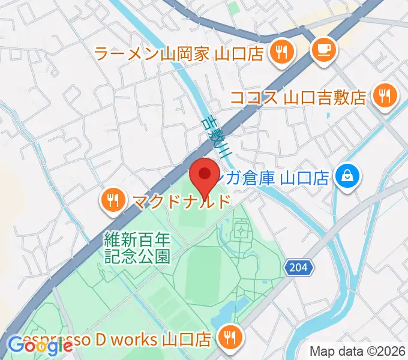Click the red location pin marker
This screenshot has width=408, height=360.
coord(204,175)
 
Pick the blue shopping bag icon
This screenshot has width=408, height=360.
coord(347,176)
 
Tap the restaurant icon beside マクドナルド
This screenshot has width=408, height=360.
coord(112,200)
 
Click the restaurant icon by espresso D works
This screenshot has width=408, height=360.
coord(229,338)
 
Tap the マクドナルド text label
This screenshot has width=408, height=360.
coord(181,200)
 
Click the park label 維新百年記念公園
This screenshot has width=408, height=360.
coord(137,247)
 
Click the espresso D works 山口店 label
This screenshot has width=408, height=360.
coord(114,340)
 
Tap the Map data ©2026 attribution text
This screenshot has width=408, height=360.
coord(357,351)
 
